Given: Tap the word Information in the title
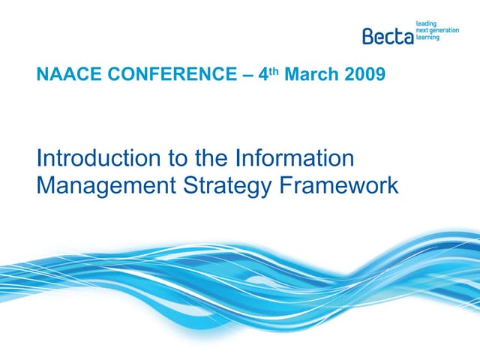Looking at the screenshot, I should click(294, 159).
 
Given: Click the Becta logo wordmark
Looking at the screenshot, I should click(388, 35).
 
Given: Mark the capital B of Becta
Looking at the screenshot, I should click(367, 35).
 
